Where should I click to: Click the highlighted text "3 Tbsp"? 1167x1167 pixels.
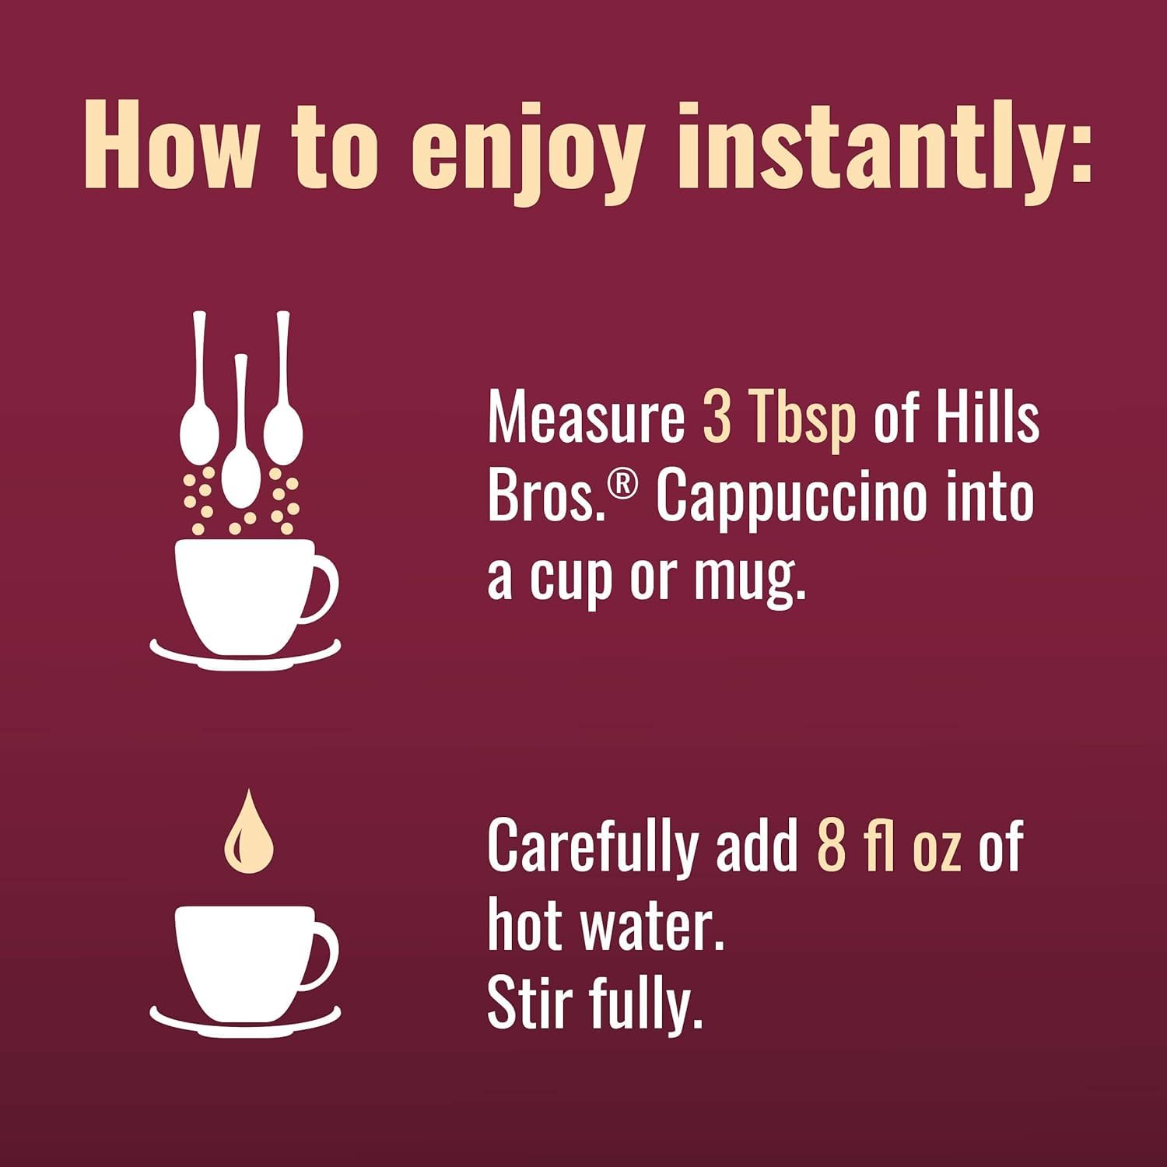[x=779, y=418]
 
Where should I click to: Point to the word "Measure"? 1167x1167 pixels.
[x=585, y=418]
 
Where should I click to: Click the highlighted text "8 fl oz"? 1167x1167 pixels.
[x=888, y=846]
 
